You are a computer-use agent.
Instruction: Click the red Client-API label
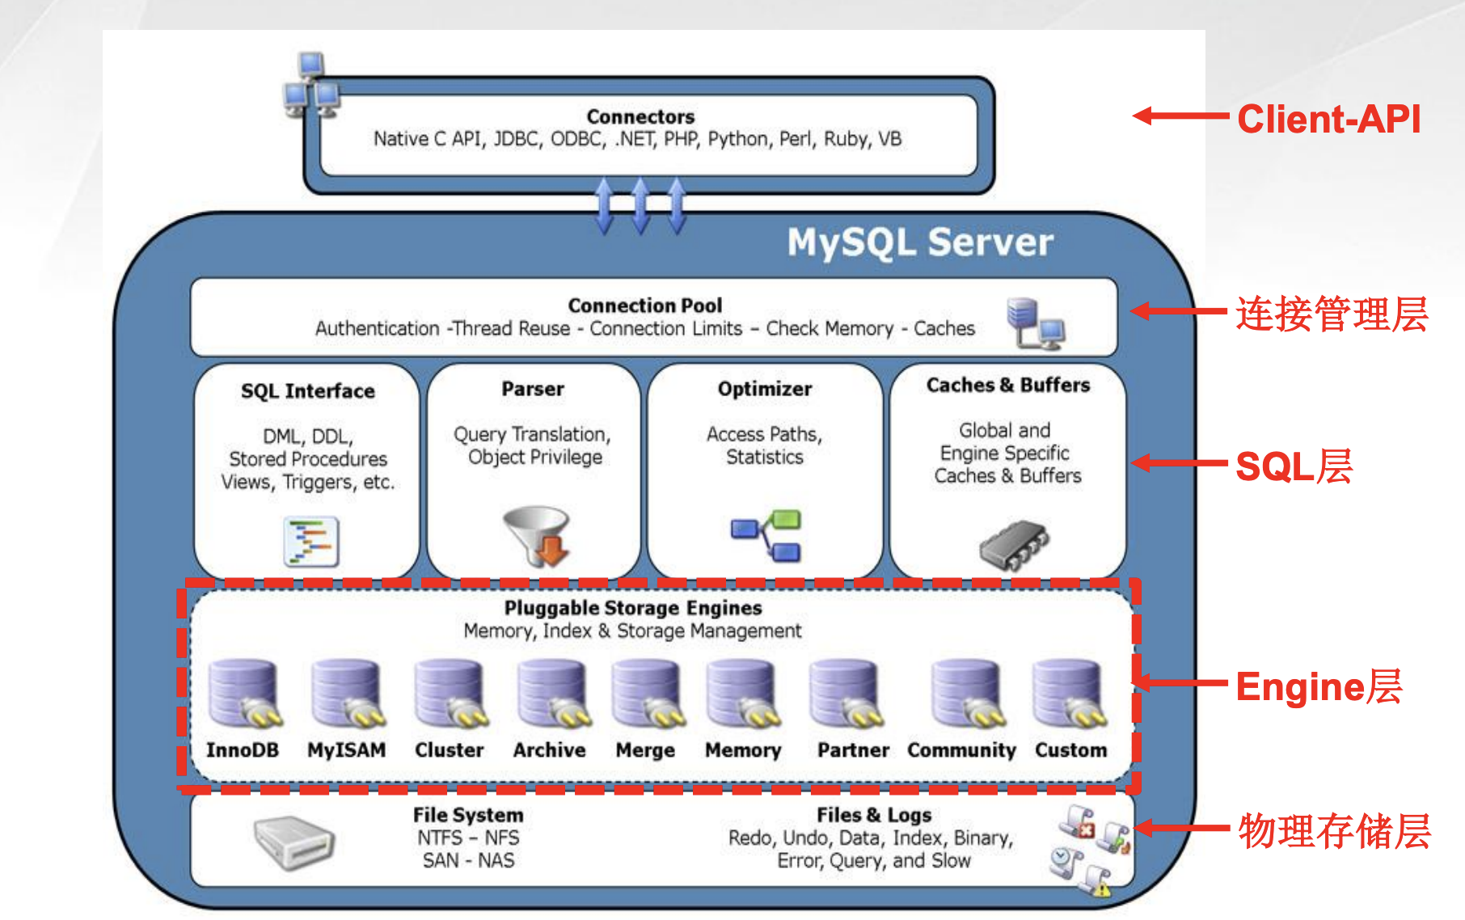1328,119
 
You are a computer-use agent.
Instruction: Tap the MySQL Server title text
920,242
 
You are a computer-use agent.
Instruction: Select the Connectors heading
640,116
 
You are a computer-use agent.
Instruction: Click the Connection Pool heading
644,306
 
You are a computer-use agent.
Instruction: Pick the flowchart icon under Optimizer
765,535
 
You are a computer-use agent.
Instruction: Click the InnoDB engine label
242,750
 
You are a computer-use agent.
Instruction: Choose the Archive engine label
549,750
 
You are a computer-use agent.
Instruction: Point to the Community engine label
961,750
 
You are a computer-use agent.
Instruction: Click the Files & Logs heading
874,815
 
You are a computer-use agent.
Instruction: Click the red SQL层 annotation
1294,466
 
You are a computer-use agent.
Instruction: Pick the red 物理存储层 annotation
1334,831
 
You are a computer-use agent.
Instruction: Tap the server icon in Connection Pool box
1035,323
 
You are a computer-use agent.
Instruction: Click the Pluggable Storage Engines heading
633,608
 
